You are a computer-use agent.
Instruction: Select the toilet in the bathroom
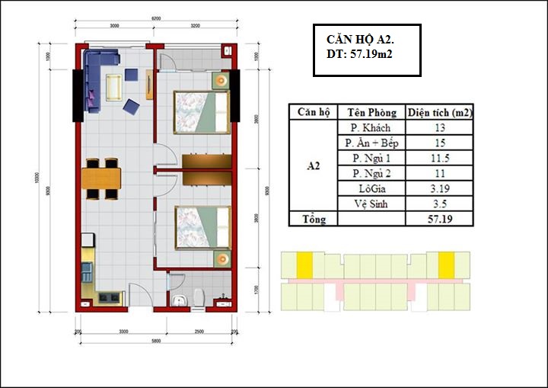point(199,298)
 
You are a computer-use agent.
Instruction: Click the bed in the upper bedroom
point(200,107)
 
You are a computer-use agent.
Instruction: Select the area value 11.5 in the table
point(440,158)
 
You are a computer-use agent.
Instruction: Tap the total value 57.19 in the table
point(440,219)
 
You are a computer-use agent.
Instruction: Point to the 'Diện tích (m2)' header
point(440,112)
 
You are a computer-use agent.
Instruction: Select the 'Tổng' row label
point(313,219)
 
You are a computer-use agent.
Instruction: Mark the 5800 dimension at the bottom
point(155,341)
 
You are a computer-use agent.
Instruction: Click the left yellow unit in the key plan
point(304,265)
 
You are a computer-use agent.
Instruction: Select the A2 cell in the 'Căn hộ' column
point(313,165)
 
